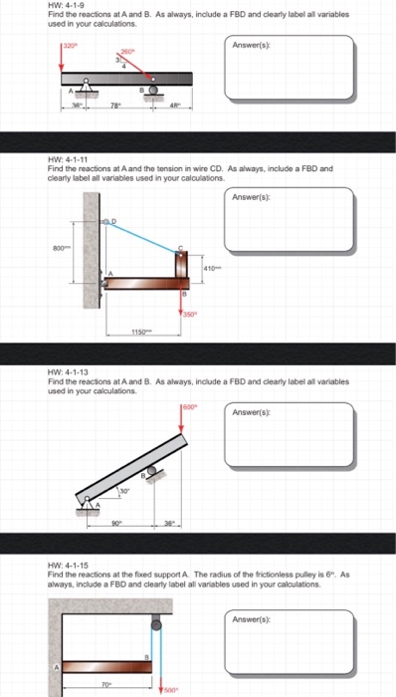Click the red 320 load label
click(69, 46)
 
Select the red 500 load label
click(171, 689)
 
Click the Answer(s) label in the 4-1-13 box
click(253, 411)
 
